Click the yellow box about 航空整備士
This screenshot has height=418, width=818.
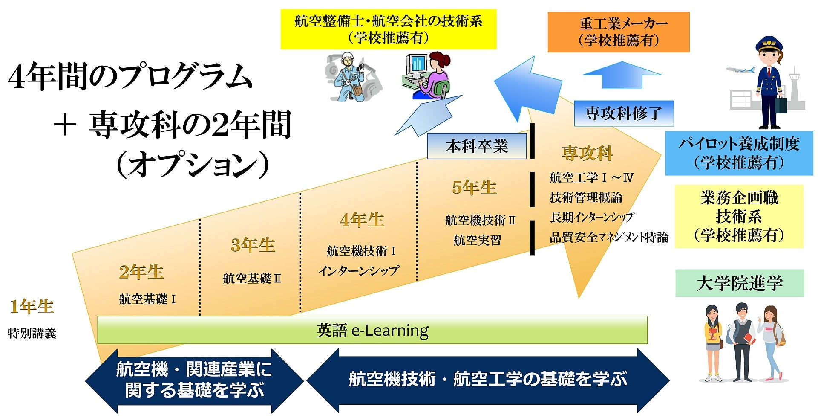[388, 29]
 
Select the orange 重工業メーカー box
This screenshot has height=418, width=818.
[618, 32]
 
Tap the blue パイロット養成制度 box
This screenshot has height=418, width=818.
[739, 153]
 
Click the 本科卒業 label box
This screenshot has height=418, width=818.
[477, 146]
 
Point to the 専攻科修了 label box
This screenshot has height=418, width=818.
[624, 113]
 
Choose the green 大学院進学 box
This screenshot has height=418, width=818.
[740, 283]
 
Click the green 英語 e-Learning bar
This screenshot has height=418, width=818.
[372, 330]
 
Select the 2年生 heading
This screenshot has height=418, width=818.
[141, 272]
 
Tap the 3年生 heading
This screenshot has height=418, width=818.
[253, 245]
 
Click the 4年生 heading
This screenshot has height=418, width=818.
[362, 220]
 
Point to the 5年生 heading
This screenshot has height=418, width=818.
[474, 188]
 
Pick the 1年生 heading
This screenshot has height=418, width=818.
[32, 307]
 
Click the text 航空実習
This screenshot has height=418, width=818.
[477, 240]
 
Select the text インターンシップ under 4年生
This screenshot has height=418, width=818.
[359, 270]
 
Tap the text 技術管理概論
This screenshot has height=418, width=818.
[586, 197]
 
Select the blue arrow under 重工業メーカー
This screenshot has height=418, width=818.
[622, 75]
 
